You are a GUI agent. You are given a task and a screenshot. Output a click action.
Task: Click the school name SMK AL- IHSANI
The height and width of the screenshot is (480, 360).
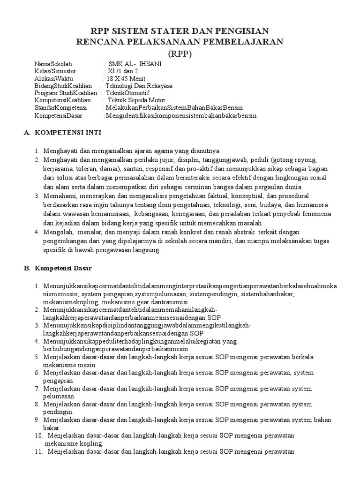pyautogui.click(x=135, y=64)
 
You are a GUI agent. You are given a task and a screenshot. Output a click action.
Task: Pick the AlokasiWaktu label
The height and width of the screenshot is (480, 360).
pyautogui.click(x=54, y=79)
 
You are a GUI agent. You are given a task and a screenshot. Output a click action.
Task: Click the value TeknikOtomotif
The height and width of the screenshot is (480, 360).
pyautogui.click(x=127, y=93)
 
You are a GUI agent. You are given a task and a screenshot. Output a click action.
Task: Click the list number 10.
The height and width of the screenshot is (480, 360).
pyautogui.click(x=39, y=435)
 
